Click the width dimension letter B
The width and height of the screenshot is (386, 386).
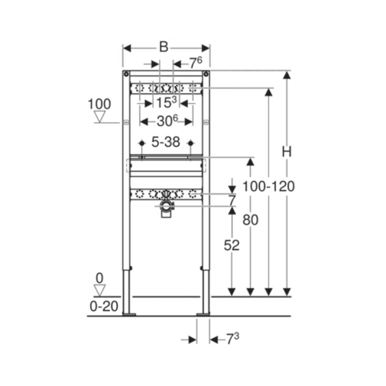coord(164,47)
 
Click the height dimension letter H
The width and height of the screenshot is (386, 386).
coord(287,152)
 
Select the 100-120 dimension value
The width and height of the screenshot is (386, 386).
coord(268,187)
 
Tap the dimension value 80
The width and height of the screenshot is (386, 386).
coord(251,219)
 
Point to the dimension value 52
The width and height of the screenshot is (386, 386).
coord(232,245)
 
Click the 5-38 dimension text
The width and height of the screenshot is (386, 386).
coord(166,141)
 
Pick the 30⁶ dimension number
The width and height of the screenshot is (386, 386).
coord(167,121)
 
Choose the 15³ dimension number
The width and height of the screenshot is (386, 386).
coord(166,102)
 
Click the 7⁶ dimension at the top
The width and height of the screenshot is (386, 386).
coord(196,63)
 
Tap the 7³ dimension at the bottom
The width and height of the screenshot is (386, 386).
coord(232,339)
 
